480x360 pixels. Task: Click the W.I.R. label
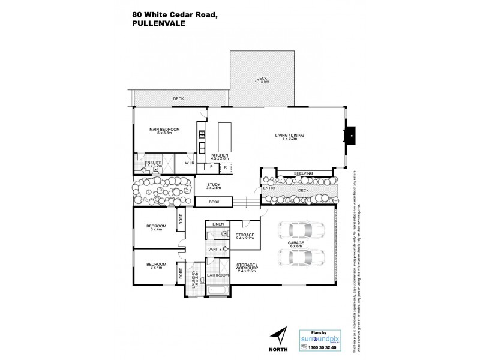click(188, 163)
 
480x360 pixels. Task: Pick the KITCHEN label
click(220, 155)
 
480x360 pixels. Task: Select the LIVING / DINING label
click(290, 136)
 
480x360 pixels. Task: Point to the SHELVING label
click(303, 173)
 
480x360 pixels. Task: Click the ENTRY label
click(269, 188)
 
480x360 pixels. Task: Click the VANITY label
click(215, 249)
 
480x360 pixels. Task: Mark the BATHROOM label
click(218, 275)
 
